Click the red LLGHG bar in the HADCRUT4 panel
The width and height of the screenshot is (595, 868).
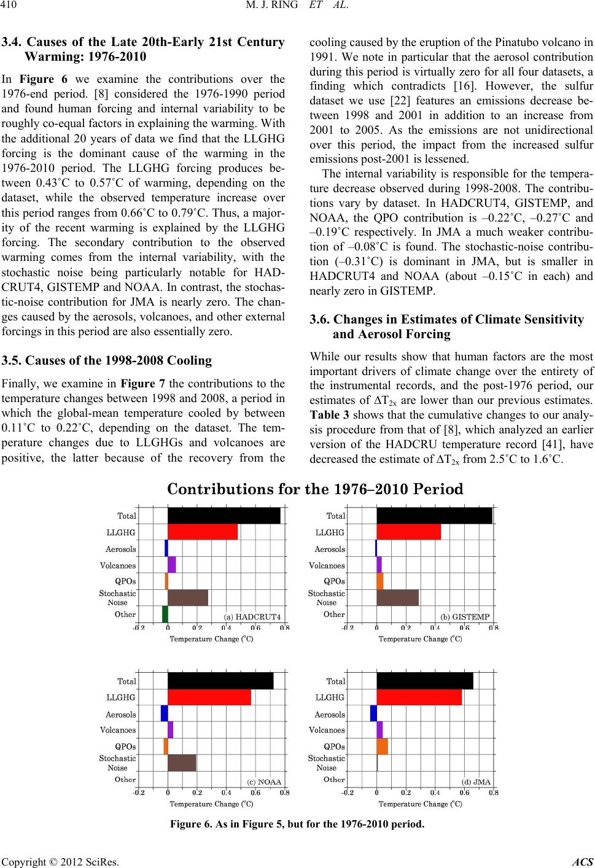click(x=203, y=532)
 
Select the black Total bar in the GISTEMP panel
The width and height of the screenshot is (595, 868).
click(x=434, y=516)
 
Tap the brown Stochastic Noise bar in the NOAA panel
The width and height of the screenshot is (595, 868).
click(x=182, y=762)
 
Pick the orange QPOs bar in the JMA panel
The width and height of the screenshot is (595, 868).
click(x=382, y=746)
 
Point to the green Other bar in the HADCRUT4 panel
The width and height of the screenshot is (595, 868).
click(x=165, y=614)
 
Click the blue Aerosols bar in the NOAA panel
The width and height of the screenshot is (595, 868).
click(x=164, y=713)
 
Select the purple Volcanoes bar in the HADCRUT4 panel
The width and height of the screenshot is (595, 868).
click(x=172, y=565)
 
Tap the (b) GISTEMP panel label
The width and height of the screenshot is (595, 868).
click(x=465, y=616)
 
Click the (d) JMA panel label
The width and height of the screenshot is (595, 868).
click(x=476, y=781)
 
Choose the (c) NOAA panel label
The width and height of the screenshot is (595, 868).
click(x=264, y=781)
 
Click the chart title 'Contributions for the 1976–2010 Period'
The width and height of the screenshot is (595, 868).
click(x=315, y=489)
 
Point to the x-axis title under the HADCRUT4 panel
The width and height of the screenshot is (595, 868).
click(x=211, y=639)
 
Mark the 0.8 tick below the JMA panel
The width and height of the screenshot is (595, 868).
click(x=493, y=792)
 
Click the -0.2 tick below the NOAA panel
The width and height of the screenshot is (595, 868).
click(x=139, y=792)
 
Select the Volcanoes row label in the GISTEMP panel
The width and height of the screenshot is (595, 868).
click(x=327, y=565)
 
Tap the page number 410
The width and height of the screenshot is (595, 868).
click(x=12, y=9)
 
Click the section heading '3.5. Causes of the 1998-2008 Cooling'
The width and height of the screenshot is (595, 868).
click(x=107, y=360)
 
